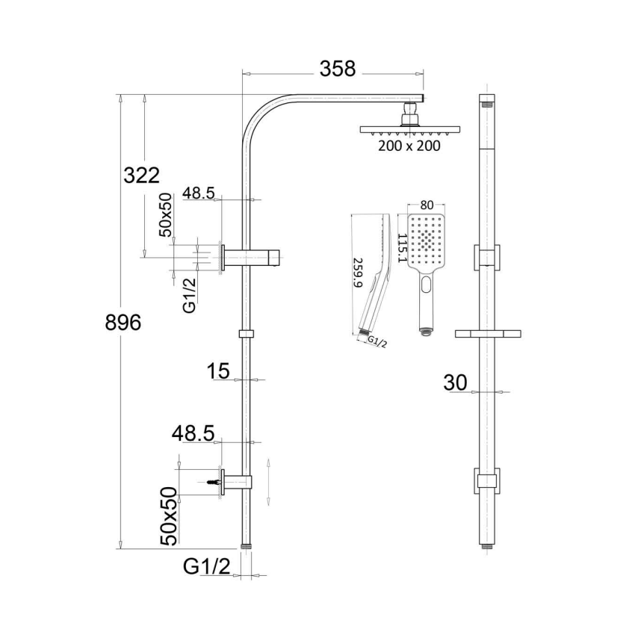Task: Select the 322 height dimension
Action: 142,176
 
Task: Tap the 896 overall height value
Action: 123,323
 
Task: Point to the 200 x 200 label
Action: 409,146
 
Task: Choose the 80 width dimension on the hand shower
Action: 427,204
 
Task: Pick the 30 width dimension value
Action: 455,382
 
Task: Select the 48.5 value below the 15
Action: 193,433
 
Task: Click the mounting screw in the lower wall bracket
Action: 217,482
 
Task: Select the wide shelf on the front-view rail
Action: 486,332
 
